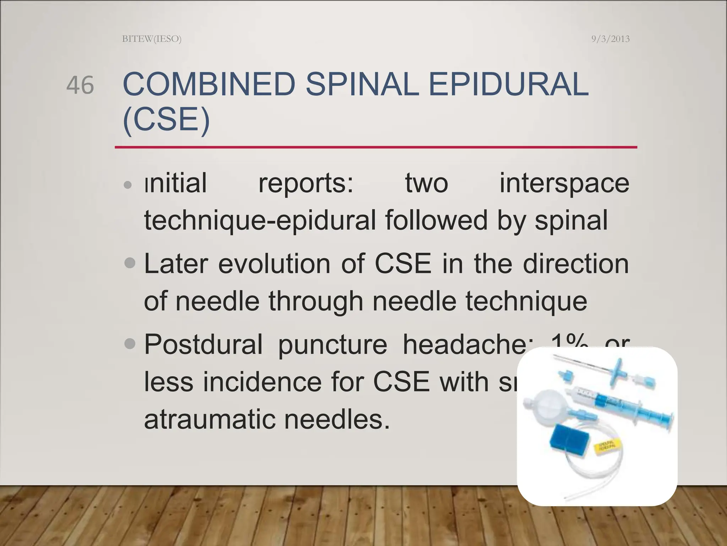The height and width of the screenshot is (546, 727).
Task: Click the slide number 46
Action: (80, 85)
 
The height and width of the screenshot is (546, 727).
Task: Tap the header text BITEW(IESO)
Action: (152, 39)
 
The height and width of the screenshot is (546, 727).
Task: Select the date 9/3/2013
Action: (610, 39)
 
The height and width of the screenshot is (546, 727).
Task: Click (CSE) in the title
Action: (166, 119)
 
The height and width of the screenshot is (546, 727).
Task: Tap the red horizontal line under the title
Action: (376, 147)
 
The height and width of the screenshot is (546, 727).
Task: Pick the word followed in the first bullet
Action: (437, 220)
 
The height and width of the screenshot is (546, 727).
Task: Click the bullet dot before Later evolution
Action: (130, 263)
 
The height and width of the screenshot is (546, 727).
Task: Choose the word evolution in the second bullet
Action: (274, 264)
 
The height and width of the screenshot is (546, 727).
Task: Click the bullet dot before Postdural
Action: (130, 344)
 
